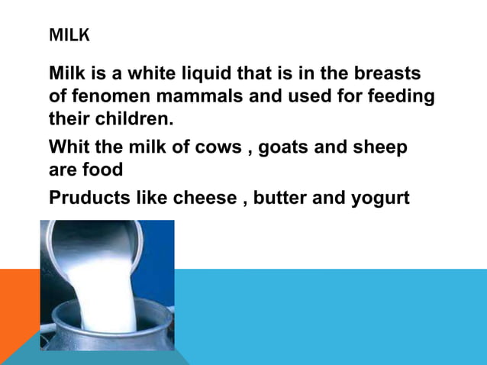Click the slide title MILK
(x=69, y=36)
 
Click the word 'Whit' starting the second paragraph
(x=67, y=147)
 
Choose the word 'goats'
(x=284, y=147)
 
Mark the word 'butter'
(x=282, y=198)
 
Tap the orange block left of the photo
(x=19, y=305)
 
